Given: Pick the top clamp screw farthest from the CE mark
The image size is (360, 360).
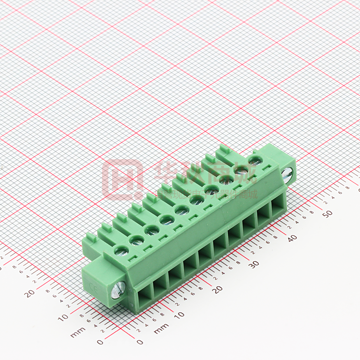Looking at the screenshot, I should point(255,160).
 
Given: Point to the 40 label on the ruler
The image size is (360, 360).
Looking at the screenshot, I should point(292,237).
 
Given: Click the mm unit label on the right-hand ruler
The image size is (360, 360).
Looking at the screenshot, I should point(161,328).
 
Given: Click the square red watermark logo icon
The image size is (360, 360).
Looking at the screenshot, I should point(122,179).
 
